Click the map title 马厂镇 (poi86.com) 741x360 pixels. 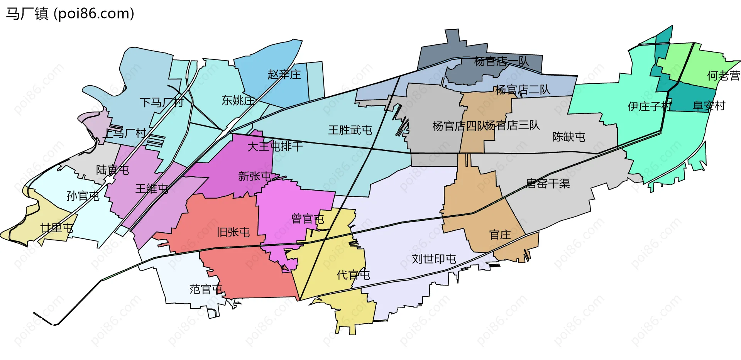(x=70, y=14)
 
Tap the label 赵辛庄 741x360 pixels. (x=284, y=74)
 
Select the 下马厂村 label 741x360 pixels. (x=161, y=102)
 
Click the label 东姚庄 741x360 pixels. (x=238, y=100)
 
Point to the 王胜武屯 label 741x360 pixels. (x=350, y=130)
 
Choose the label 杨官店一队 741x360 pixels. (x=501, y=61)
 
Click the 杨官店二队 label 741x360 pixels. (x=523, y=90)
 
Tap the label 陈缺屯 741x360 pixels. (x=568, y=137)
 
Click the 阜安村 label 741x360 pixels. (x=709, y=106)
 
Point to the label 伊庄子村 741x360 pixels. (x=650, y=106)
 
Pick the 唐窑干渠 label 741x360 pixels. (x=548, y=183)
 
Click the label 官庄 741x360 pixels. (x=500, y=235)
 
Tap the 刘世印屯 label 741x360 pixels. (x=434, y=259)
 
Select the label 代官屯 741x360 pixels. (x=353, y=275)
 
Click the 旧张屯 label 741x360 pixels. (x=233, y=232)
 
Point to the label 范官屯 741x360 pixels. (x=206, y=289)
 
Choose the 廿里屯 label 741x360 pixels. (x=57, y=228)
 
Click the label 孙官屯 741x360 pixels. (x=83, y=196)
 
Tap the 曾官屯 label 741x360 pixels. (x=308, y=219)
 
